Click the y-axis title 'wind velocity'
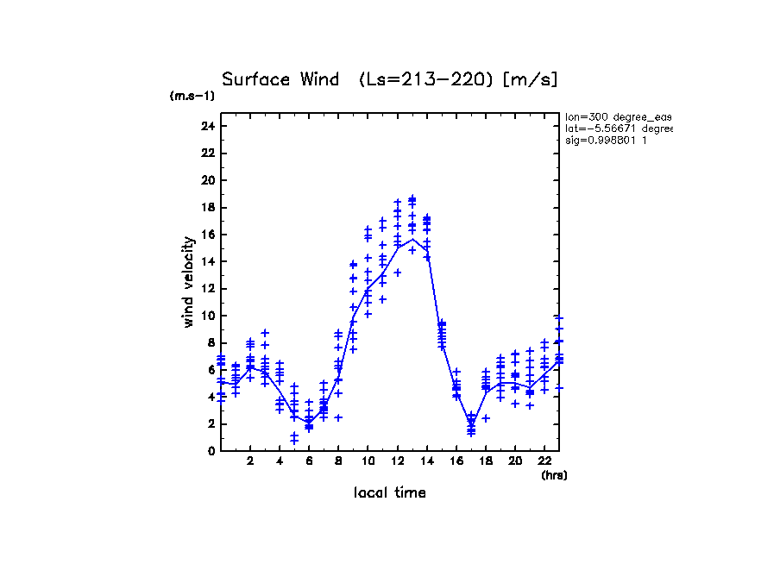click(188, 282)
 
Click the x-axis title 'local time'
click(390, 493)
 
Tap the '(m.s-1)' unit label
click(192, 96)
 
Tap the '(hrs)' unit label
click(554, 474)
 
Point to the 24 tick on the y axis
click(207, 126)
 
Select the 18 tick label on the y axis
click(207, 207)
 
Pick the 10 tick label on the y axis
click(207, 316)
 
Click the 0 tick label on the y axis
click(210, 450)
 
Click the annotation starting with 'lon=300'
click(618, 116)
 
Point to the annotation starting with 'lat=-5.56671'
click(618, 128)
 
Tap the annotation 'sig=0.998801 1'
click(607, 140)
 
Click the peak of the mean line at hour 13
click(412, 239)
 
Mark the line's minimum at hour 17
click(471, 423)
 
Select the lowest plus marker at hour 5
click(294, 441)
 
